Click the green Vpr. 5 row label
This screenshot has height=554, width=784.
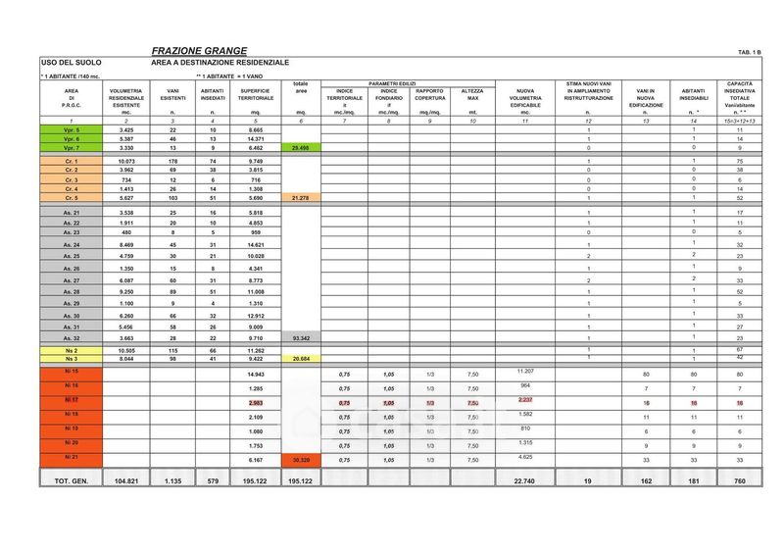coord(72,130)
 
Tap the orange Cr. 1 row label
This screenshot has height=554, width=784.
coord(72,160)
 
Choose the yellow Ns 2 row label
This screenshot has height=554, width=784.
coord(72,349)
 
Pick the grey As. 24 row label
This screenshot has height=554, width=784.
coord(72,243)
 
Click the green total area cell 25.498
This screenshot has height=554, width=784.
coord(301,147)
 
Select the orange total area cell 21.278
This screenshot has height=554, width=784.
coord(301,198)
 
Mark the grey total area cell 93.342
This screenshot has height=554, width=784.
coord(301,336)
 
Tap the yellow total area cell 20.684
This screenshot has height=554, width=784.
coord(301,358)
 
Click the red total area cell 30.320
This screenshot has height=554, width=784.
coord(301,459)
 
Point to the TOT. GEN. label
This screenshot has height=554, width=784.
coord(72,481)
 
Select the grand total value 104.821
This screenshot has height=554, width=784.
coord(126,481)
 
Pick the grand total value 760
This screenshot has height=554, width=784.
coord(741,481)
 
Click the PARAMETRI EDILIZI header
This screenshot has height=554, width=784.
coord(393,83)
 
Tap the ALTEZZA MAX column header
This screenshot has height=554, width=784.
coord(473,95)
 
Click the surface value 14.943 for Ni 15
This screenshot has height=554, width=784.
coord(256,375)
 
